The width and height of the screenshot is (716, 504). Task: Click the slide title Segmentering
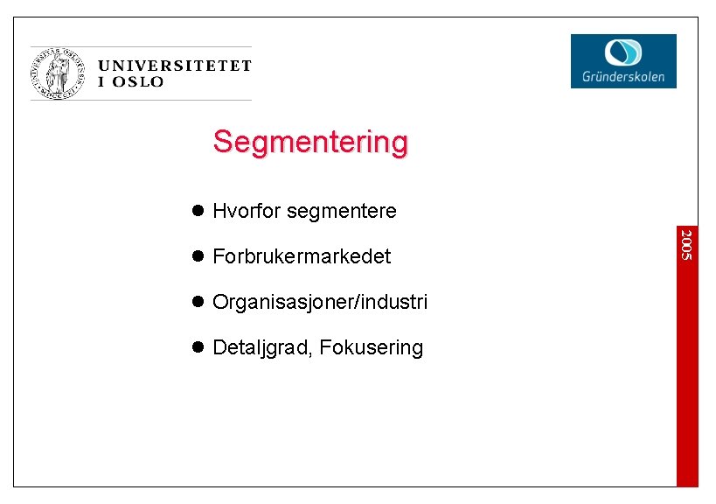tap(310, 142)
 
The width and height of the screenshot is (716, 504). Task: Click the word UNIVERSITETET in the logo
tap(175, 66)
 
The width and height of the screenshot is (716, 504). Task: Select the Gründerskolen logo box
tap(623, 60)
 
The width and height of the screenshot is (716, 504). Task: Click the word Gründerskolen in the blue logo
tap(623, 77)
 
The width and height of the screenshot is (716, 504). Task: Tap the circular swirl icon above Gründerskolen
tap(623, 52)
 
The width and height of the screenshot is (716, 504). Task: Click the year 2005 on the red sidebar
tap(686, 244)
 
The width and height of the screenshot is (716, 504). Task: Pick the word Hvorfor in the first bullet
tap(247, 211)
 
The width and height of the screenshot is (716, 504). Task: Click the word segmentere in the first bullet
tap(341, 212)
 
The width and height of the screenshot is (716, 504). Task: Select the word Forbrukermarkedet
tap(302, 256)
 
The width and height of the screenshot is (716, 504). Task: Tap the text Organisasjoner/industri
tap(320, 303)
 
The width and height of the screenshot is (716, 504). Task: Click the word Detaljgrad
tap(262, 348)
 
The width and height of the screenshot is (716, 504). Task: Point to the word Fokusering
tap(372, 348)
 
